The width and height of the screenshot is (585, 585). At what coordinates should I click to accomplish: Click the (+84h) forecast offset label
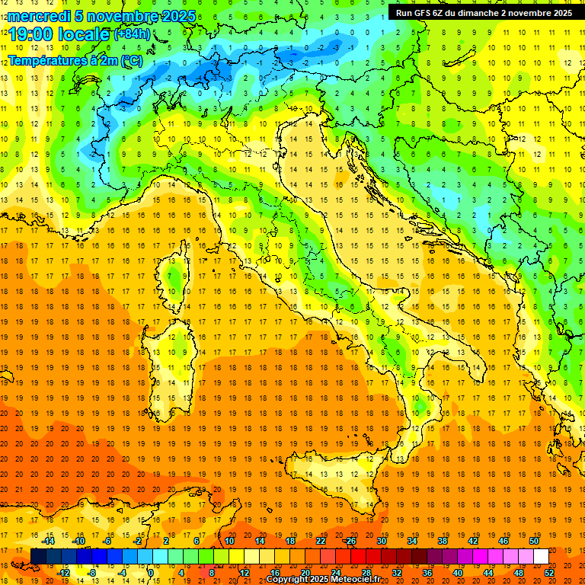coord(131,34)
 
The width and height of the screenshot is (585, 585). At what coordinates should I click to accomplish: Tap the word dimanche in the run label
coord(477,12)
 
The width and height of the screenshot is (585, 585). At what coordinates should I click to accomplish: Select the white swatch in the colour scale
coord(541,556)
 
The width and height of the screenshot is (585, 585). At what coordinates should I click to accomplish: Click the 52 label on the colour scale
coord(550,573)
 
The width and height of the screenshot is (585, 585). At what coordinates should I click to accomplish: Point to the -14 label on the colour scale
coord(49,541)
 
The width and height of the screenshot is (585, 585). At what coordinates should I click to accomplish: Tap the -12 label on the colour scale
coord(63,573)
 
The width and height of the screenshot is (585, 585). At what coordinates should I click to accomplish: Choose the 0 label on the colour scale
coord(151,573)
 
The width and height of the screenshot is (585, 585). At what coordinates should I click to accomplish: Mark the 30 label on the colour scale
coord(381,541)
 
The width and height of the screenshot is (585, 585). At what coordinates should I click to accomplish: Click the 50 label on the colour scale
coord(534,541)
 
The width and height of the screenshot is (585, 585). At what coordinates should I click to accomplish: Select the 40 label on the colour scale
coord(458,573)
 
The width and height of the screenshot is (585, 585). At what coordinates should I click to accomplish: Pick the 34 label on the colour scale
coord(411,541)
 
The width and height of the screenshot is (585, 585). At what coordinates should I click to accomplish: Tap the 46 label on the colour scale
coord(503,541)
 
